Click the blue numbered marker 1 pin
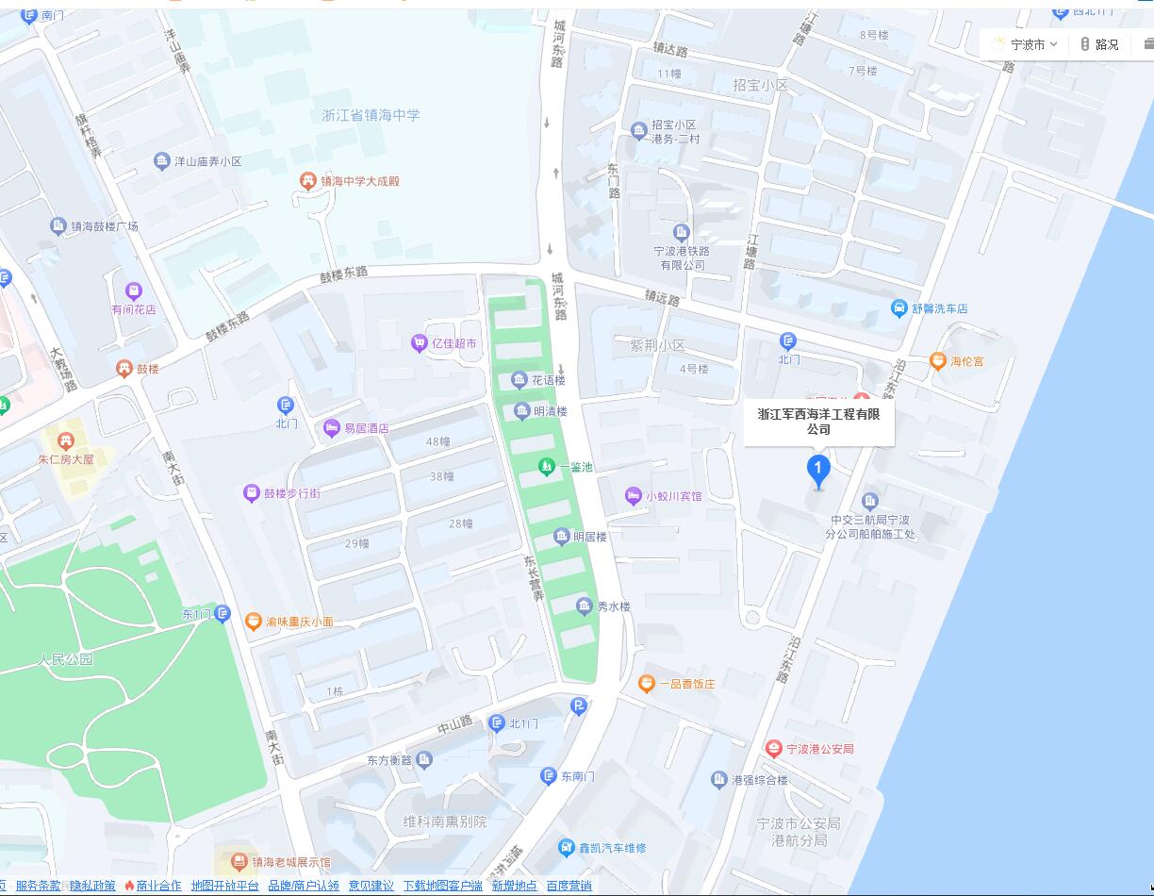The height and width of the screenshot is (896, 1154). [x=817, y=470]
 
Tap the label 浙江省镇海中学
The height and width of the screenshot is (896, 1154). [x=371, y=115]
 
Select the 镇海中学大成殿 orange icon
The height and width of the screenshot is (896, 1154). [x=306, y=181]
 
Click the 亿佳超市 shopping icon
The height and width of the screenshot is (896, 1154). [x=419, y=343]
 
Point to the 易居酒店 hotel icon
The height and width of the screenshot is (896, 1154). [x=331, y=428]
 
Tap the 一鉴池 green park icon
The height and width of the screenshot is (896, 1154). [x=546, y=466]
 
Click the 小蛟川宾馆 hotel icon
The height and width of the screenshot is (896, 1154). [x=634, y=496]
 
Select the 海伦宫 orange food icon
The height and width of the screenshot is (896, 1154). [x=937, y=360]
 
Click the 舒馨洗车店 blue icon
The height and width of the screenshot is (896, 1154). [x=899, y=308]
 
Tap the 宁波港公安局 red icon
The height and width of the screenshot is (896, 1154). [x=774, y=749]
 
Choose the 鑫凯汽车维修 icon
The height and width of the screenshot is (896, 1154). [x=566, y=848]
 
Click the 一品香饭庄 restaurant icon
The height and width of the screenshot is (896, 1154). [x=647, y=684]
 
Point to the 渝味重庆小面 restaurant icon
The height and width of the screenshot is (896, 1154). [x=253, y=622]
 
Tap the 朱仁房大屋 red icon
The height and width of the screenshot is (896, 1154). [x=65, y=440]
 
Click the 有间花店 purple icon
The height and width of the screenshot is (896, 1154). [x=134, y=290]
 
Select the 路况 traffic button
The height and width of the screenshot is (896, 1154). [x=1099, y=44]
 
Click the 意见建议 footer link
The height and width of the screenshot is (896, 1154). [x=371, y=886]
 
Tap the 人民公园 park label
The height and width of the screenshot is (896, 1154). [x=66, y=659]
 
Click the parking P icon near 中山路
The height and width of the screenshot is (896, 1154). [x=579, y=706]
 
